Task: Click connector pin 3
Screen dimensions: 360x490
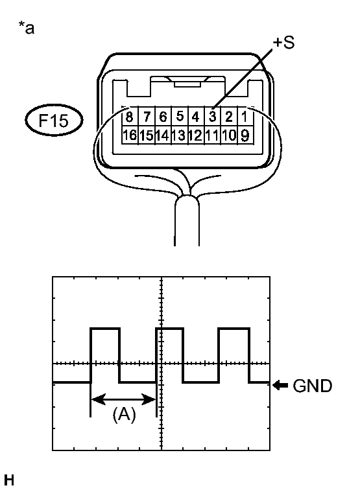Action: [212, 117]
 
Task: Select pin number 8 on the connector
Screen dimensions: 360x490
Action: [130, 117]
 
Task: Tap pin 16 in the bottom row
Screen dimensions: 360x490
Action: [130, 135]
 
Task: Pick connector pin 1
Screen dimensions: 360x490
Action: [245, 117]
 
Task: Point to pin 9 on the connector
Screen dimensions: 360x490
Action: [245, 135]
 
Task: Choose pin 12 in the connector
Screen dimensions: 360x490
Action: [196, 135]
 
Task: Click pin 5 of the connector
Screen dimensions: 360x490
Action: [180, 117]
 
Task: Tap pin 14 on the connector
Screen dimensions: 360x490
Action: [163, 135]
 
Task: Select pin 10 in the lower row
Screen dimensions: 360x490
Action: [229, 135]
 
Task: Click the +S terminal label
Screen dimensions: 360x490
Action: [283, 43]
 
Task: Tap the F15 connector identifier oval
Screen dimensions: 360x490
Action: [54, 121]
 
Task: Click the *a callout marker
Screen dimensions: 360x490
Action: [27, 27]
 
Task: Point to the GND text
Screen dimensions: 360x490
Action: [312, 386]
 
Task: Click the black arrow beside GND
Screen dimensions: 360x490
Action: [281, 385]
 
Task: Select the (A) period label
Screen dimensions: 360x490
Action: [124, 415]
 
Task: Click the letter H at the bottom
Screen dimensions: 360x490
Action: [9, 480]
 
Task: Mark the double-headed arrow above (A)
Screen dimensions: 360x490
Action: [123, 399]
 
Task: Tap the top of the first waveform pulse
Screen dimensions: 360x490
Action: [105, 329]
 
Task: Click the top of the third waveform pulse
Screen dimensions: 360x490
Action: [234, 329]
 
